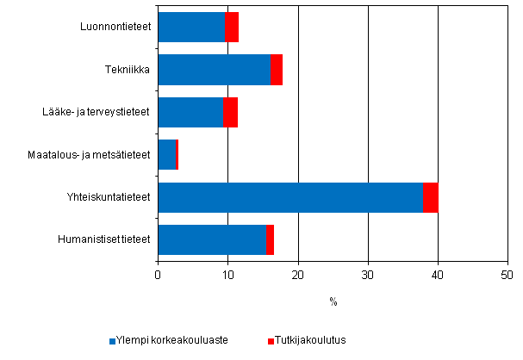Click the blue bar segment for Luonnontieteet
tap(191, 28)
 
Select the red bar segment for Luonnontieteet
tap(232, 28)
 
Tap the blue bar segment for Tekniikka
tap(214, 70)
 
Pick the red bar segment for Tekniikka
tap(277, 70)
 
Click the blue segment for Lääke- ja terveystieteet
tap(190, 112)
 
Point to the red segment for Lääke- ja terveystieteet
tap(231, 112)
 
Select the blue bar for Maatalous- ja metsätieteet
tap(166, 154)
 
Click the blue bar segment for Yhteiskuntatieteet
tap(290, 197)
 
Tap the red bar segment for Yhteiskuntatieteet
tap(431, 197)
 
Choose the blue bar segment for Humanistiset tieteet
tap(212, 239)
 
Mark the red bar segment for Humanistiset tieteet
tap(271, 239)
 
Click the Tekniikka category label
tap(133, 70)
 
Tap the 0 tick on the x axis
tap(158, 275)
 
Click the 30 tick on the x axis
tap(368, 275)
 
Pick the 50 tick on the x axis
tap(507, 275)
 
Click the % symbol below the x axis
tap(333, 301)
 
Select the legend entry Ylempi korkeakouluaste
tap(173, 340)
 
